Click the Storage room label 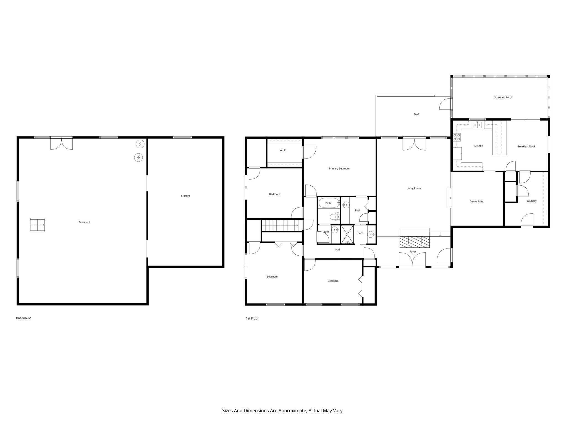pyautogui.click(x=185, y=196)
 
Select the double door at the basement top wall pyautogui.click(x=61, y=143)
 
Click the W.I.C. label pyautogui.click(x=283, y=150)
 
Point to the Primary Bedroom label pyautogui.click(x=339, y=169)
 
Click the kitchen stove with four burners pyautogui.click(x=457, y=137)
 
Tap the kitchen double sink pyautogui.click(x=477, y=125)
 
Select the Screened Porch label pyautogui.click(x=503, y=97)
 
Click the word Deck pyautogui.click(x=416, y=114)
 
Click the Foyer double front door pyautogui.click(x=412, y=260)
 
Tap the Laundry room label pyautogui.click(x=531, y=201)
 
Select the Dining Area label pyautogui.click(x=476, y=201)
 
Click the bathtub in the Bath pyautogui.click(x=328, y=203)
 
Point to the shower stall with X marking pyautogui.click(x=347, y=235)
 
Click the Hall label pyautogui.click(x=337, y=250)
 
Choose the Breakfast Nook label pyautogui.click(x=526, y=146)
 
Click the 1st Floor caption pyautogui.click(x=252, y=318)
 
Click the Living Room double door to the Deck pyautogui.click(x=414, y=144)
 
